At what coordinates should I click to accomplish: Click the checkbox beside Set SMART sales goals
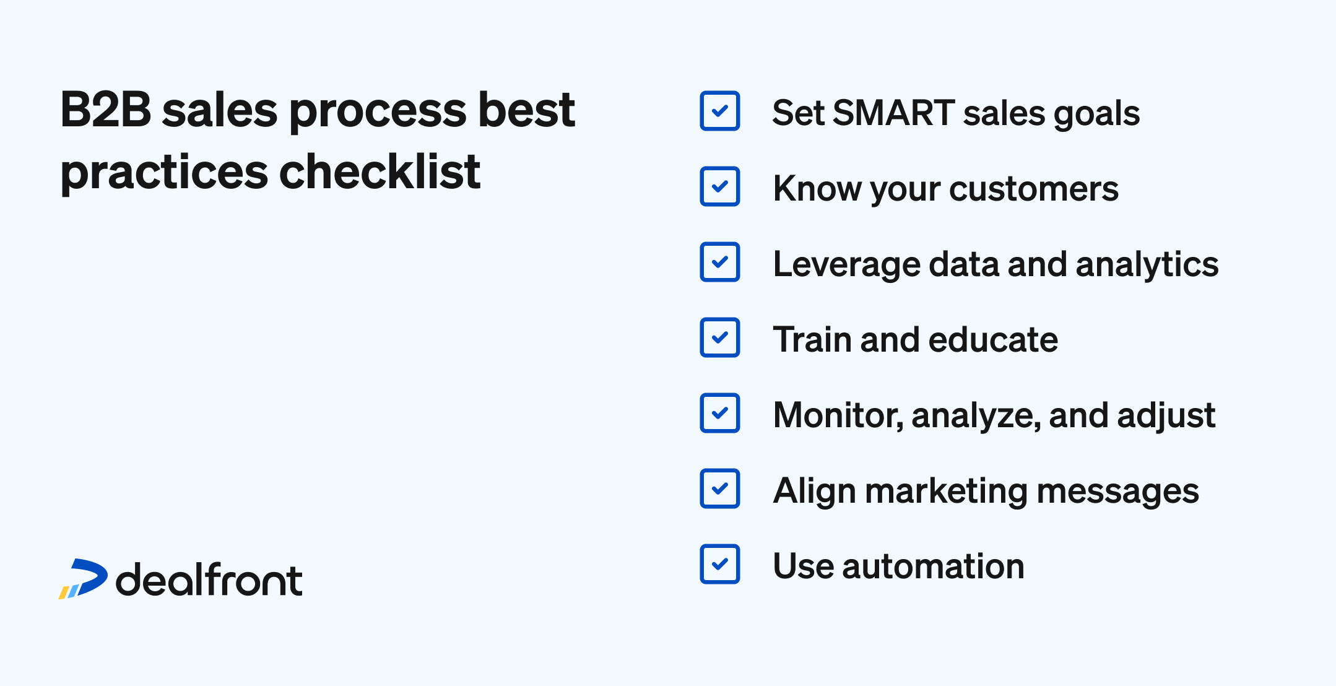[x=719, y=111]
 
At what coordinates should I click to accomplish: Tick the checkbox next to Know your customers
[x=719, y=186]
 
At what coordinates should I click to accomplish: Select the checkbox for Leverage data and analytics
[x=719, y=262]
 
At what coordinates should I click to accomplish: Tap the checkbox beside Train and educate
[x=719, y=337]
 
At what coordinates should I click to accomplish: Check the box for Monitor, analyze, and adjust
[x=719, y=413]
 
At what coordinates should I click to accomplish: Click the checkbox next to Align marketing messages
[x=719, y=488]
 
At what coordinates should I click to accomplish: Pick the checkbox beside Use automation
[x=719, y=564]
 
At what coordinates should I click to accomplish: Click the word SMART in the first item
[x=893, y=113]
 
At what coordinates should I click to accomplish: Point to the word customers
[x=1033, y=188]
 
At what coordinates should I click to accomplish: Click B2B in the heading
[x=106, y=110]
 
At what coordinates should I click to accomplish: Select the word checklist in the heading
[x=380, y=171]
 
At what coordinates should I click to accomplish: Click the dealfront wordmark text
[x=209, y=580]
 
